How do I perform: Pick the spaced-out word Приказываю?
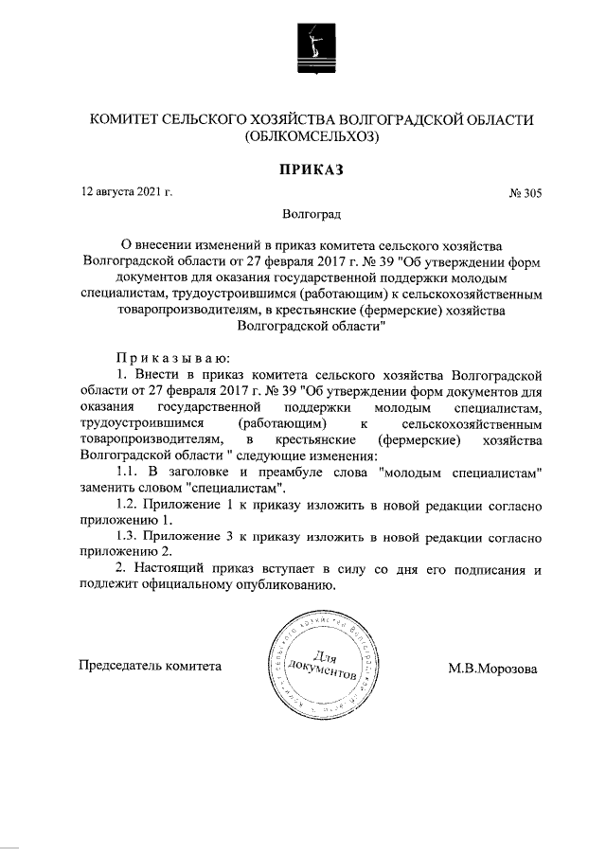(169, 357)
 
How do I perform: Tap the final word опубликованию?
(283, 585)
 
